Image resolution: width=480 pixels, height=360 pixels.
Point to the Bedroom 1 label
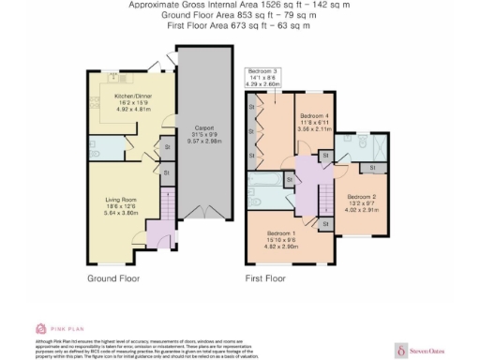click(x=281, y=232)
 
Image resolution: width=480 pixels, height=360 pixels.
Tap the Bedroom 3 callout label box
click(x=263, y=78)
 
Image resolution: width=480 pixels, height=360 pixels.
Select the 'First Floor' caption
click(x=265, y=278)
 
